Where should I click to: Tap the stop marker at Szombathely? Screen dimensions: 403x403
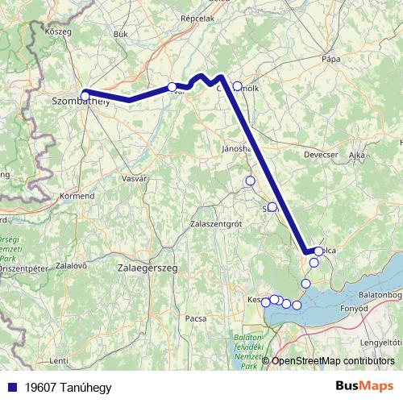(85, 96)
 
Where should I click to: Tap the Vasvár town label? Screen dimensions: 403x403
(133, 178)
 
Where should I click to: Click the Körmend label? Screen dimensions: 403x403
(77, 196)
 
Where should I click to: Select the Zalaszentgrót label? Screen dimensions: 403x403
(214, 223)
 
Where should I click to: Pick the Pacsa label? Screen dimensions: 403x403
(196, 318)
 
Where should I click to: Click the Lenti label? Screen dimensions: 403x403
(58, 360)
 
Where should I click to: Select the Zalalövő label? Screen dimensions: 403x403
(71, 265)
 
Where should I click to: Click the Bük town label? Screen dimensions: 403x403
(122, 34)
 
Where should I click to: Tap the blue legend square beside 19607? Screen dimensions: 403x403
(10, 387)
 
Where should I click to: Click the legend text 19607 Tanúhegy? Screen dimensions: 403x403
(68, 387)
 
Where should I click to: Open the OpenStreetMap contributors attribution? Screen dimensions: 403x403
(333, 361)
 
